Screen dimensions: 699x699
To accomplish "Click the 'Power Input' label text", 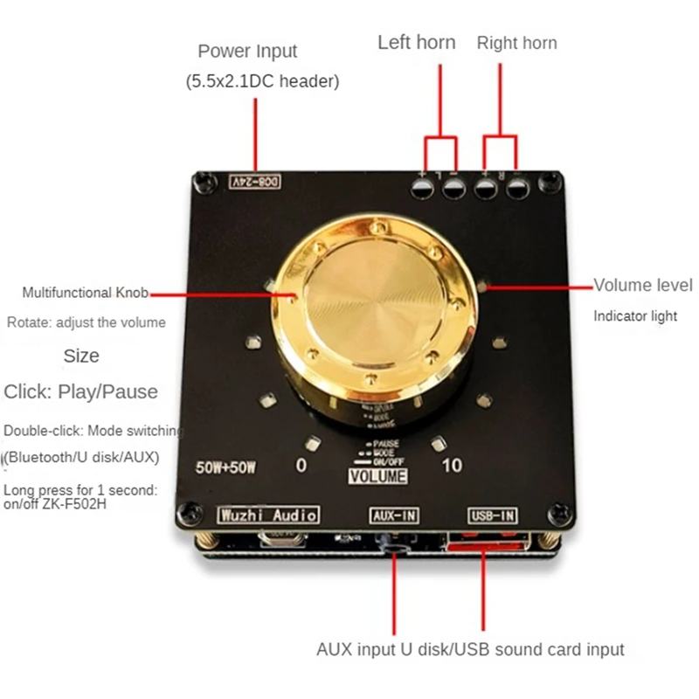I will point(247,52).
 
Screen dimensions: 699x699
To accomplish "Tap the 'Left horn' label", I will point(416,42).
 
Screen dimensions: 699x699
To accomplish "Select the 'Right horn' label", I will point(516,43).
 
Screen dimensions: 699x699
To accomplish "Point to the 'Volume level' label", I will point(643,285).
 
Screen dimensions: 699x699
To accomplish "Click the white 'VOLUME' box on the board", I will point(378,476).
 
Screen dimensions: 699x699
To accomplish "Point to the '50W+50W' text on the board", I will point(225,466).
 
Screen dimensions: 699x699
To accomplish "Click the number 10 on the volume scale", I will point(452,466).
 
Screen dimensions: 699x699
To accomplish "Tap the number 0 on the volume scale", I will point(301,466).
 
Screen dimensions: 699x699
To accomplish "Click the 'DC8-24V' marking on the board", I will point(256,182).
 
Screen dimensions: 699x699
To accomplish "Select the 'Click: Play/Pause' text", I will point(80,391).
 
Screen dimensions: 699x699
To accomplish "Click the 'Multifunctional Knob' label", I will point(86,293).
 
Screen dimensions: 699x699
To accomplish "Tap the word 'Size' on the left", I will point(81,356).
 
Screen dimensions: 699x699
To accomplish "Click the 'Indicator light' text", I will point(635,316).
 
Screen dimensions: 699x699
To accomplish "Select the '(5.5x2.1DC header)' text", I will point(261,82).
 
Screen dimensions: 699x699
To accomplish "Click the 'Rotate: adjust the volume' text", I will point(86,322).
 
